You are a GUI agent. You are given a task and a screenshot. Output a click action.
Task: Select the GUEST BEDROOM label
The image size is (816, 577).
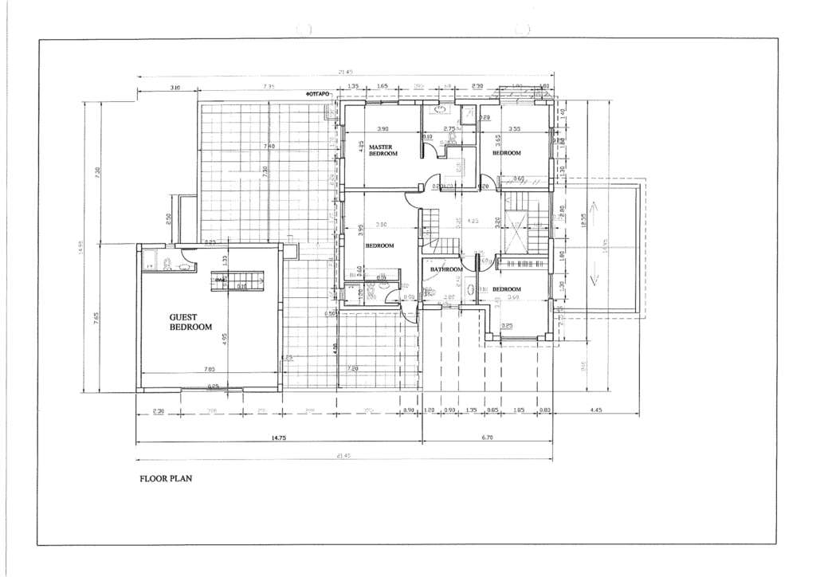point(190,322)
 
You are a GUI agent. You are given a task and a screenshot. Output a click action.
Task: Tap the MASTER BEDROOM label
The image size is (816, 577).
point(382,150)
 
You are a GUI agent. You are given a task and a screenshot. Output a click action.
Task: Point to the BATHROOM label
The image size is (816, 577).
point(446,269)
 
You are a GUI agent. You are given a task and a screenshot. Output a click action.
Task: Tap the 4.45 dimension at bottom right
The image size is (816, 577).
point(596,410)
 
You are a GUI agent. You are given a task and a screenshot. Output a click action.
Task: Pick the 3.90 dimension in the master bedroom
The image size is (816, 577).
point(382,129)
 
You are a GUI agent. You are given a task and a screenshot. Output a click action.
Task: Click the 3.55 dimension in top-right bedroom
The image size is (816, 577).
point(514,129)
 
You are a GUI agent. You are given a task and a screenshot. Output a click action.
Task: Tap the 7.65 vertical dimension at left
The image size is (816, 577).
point(96,318)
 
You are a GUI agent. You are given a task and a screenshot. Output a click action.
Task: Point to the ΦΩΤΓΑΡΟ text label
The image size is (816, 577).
point(318,93)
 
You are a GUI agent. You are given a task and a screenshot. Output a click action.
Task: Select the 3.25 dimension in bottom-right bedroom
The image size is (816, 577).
point(507,326)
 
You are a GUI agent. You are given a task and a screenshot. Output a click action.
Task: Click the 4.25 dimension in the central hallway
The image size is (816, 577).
point(473,221)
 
